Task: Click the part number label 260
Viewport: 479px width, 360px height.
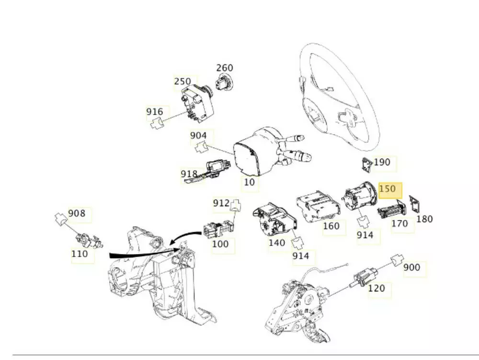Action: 224,68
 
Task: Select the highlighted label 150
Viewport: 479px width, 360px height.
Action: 388,188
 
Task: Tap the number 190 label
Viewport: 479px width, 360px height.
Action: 382,162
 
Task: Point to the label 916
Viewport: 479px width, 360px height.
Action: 155,112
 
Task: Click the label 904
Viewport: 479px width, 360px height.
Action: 198,136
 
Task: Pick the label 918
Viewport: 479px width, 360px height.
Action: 189,173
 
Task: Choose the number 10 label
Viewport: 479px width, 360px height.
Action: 250,182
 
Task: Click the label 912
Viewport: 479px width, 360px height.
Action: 221,203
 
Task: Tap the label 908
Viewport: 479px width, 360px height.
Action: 77,213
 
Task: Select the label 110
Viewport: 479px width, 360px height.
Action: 80,254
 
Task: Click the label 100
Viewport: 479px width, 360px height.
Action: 220,244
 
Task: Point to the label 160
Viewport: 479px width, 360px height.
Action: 331,226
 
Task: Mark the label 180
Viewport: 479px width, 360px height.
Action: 424,219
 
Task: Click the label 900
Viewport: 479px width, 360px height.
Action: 412,267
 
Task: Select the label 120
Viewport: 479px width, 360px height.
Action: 376,289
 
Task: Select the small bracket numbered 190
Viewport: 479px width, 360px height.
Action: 366,165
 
